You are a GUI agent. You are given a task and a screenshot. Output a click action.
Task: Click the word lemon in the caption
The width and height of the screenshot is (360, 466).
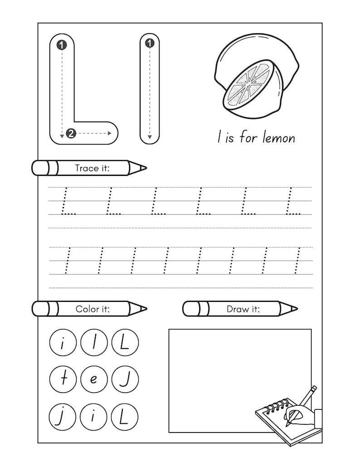click(x=277, y=137)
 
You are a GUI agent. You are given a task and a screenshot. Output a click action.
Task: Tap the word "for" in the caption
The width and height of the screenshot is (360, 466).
click(x=248, y=137)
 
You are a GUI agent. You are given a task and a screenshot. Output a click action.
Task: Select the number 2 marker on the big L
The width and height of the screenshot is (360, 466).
click(x=70, y=133)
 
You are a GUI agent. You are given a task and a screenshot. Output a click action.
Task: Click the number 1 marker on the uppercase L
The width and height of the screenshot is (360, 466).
click(x=62, y=45)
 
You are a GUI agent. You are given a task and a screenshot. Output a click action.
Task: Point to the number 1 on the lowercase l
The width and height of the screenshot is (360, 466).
click(x=150, y=44)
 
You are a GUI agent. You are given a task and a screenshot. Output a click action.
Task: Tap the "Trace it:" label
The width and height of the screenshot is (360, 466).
click(x=95, y=168)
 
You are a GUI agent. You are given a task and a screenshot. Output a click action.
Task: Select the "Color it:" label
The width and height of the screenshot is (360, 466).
click(x=95, y=309)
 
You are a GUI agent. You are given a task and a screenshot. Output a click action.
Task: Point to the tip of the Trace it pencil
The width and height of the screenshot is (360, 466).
click(x=145, y=168)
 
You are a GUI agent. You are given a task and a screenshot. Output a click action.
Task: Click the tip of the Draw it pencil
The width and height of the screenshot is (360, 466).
click(x=296, y=309)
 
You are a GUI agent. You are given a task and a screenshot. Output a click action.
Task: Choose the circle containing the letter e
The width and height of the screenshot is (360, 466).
click(x=93, y=379)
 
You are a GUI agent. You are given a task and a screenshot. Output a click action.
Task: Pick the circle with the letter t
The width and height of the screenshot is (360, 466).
click(x=62, y=379)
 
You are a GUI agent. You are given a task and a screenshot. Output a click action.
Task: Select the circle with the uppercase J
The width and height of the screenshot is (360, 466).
click(x=124, y=379)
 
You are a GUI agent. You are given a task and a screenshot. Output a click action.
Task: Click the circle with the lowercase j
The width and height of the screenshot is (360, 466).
click(x=62, y=416)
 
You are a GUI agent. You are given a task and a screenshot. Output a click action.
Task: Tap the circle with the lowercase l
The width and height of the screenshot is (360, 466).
click(x=93, y=343)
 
